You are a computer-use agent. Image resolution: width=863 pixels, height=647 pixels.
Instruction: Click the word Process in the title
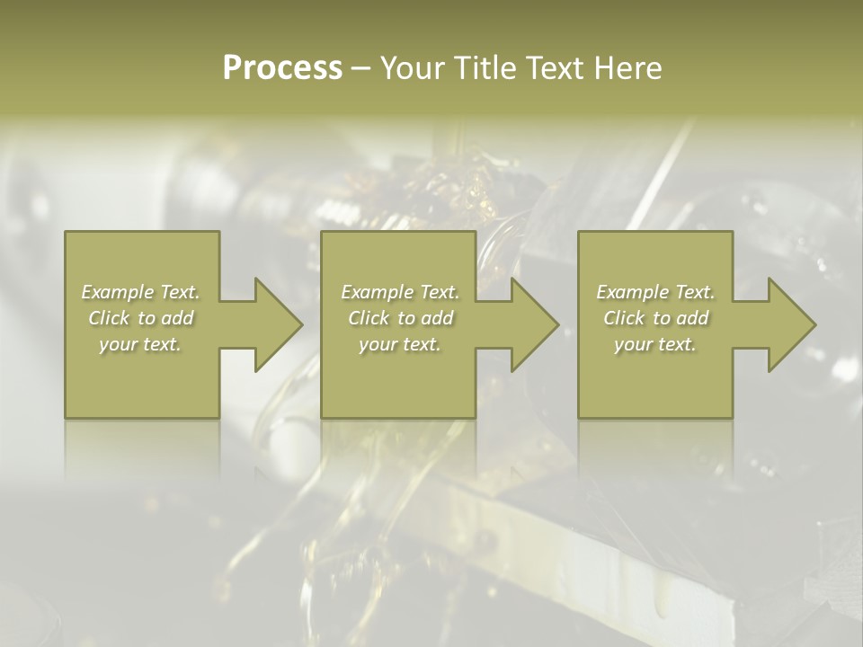point(282,68)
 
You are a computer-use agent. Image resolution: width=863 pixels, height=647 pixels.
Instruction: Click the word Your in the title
point(413,68)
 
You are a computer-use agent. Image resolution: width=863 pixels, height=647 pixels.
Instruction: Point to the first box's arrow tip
point(300,324)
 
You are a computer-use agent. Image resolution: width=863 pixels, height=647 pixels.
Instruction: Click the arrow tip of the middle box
point(556,324)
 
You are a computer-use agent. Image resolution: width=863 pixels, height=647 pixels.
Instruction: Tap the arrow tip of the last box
point(814,324)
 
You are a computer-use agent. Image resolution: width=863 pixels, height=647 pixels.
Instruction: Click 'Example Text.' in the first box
point(140,292)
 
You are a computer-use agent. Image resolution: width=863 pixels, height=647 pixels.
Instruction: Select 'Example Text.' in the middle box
point(399,292)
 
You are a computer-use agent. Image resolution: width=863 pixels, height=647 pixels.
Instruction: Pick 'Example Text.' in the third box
point(655,292)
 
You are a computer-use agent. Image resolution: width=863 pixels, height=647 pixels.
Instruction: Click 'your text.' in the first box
point(140,344)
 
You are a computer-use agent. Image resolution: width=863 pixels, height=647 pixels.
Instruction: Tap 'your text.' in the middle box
point(399,344)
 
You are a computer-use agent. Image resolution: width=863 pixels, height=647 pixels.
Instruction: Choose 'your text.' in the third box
point(655,344)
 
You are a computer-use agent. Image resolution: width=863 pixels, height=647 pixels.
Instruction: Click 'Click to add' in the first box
point(140,318)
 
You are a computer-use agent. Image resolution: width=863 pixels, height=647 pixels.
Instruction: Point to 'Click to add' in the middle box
point(399,318)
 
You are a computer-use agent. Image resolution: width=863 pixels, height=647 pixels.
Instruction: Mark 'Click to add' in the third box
point(655,318)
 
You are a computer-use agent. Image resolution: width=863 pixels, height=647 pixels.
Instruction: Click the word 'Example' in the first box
point(118,292)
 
